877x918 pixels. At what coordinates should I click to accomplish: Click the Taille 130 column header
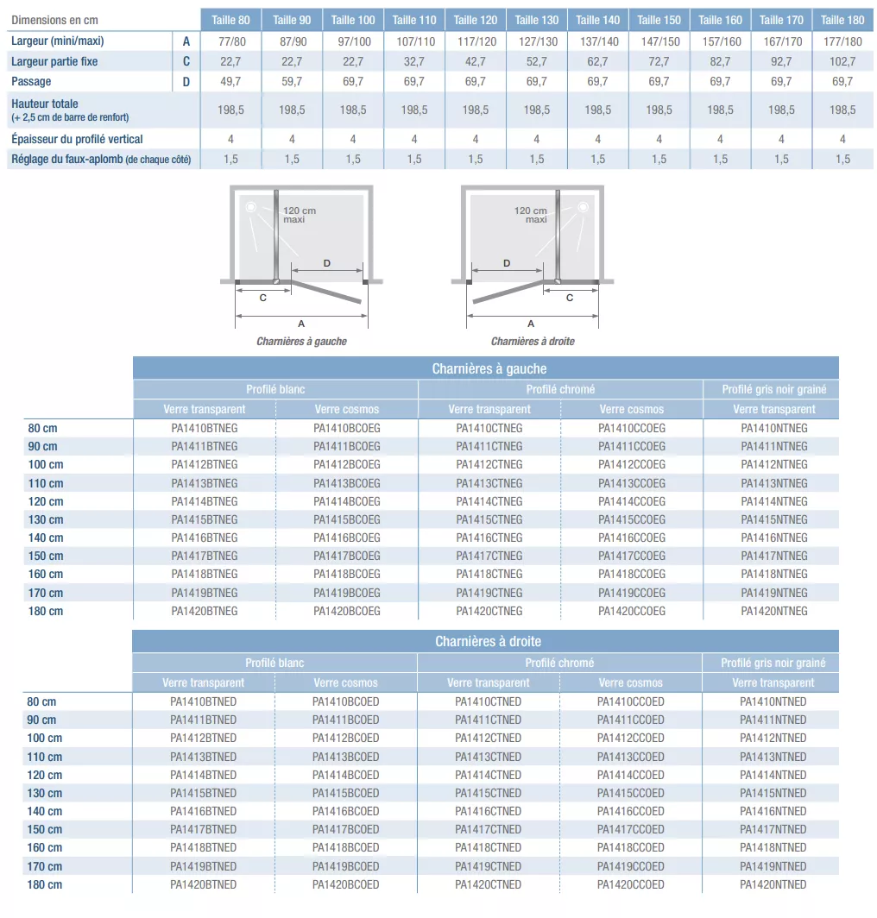click(x=537, y=20)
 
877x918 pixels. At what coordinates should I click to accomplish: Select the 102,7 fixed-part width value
click(x=842, y=61)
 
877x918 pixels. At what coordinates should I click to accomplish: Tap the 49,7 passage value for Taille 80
click(x=230, y=81)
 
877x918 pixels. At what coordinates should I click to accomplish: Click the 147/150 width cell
click(x=659, y=41)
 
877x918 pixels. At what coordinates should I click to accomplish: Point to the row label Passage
click(x=31, y=81)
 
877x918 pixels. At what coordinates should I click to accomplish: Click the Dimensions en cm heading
click(x=54, y=20)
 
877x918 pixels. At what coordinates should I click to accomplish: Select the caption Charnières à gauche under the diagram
click(x=301, y=342)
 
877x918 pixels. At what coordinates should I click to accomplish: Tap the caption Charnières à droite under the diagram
click(x=533, y=342)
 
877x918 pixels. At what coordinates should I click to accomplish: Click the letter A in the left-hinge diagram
click(x=301, y=323)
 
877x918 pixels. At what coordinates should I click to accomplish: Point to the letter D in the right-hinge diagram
click(x=507, y=263)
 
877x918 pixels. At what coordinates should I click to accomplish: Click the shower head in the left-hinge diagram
click(x=250, y=207)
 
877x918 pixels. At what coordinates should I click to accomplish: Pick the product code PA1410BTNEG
click(x=205, y=428)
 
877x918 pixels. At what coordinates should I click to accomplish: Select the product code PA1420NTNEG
click(x=774, y=611)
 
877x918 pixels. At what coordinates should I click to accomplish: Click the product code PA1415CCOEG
click(x=632, y=519)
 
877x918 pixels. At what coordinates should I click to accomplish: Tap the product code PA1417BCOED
click(x=345, y=829)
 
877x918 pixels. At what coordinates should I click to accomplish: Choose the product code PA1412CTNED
click(x=488, y=738)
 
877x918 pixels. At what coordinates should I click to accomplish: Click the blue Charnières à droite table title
click(x=488, y=642)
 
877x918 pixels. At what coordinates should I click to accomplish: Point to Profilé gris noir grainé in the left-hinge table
click(x=774, y=389)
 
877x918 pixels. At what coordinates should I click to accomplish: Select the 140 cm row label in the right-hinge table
click(x=45, y=811)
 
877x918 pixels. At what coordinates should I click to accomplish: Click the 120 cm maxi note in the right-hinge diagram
click(x=531, y=215)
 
